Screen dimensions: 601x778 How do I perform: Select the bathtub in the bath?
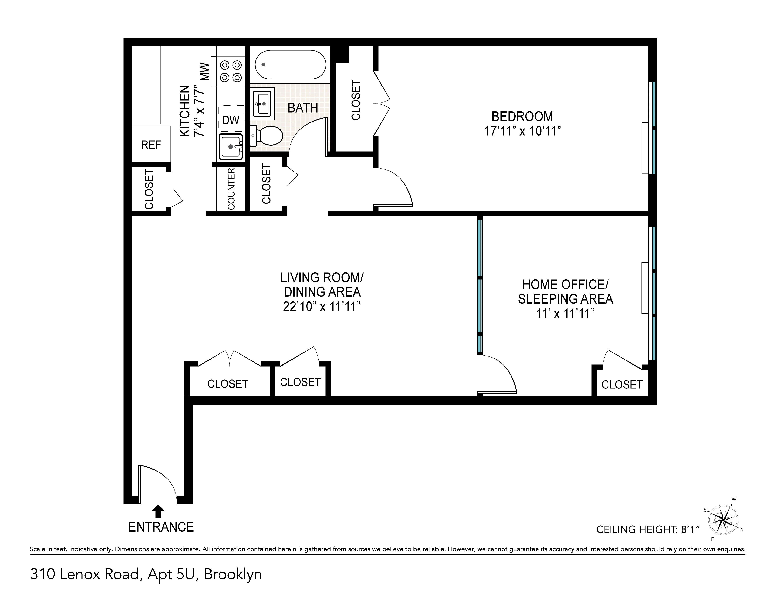(x=290, y=65)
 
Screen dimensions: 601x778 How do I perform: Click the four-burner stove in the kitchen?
(x=231, y=71)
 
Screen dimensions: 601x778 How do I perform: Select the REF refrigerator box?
(x=151, y=145)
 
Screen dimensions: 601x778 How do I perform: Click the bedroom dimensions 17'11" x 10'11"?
(x=522, y=131)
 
